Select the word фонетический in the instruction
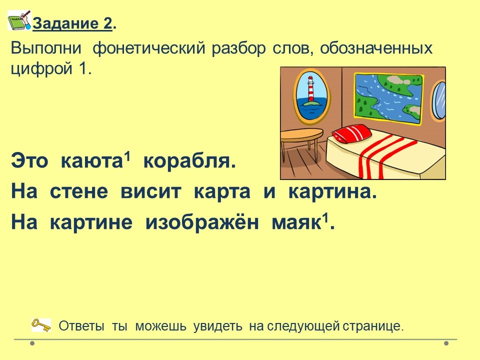tap(149, 48)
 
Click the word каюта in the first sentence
tap(91, 161)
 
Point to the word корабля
tap(189, 161)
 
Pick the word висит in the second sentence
tap(151, 192)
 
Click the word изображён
tap(202, 221)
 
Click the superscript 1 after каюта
tap(127, 156)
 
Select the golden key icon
tap(41, 325)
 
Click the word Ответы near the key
tap(81, 326)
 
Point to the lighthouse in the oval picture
tap(311, 88)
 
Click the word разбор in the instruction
tap(238, 49)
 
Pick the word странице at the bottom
tap(373, 326)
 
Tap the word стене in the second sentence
tap(78, 192)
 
